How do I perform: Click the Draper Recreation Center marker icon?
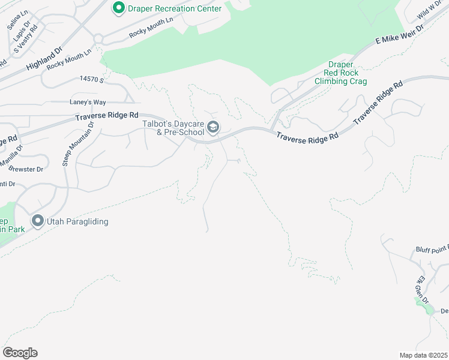click(x=118, y=8)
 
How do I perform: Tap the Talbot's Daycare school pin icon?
click(x=214, y=127)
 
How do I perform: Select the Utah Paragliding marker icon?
click(x=37, y=221)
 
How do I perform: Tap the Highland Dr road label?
click(x=44, y=61)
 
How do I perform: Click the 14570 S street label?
click(x=91, y=79)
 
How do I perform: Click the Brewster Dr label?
click(x=28, y=169)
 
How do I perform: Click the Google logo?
click(x=20, y=353)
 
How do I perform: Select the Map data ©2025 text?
click(x=423, y=355)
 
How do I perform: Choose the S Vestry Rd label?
click(x=25, y=39)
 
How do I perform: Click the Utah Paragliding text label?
click(x=79, y=222)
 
